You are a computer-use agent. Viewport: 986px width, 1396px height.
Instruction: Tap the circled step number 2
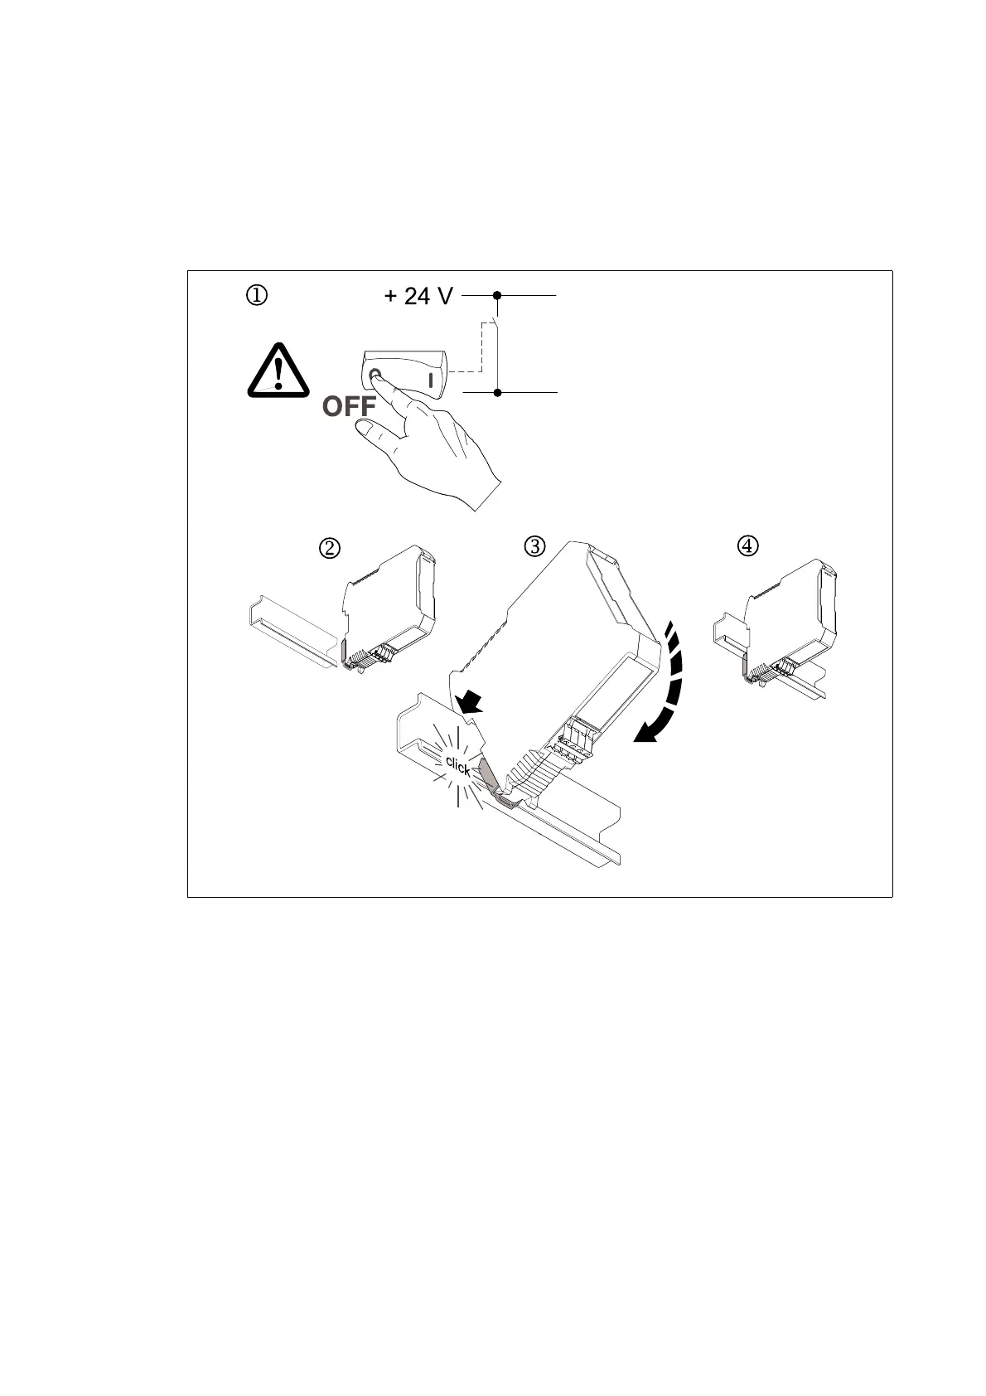tap(330, 548)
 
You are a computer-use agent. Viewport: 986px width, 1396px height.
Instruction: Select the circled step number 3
tap(535, 546)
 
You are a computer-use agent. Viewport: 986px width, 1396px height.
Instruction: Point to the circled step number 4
tap(747, 545)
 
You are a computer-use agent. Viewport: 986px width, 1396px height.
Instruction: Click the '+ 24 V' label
tap(418, 296)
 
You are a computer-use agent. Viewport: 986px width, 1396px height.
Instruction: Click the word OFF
tap(349, 407)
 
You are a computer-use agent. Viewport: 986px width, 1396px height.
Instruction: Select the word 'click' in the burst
tap(457, 765)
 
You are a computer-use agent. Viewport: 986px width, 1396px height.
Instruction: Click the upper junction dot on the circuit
tap(497, 294)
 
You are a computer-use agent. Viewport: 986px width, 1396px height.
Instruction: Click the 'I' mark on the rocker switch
tap(430, 381)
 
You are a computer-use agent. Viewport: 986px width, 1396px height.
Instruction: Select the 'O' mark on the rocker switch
tap(375, 376)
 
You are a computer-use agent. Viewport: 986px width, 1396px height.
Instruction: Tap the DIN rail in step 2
tap(290, 630)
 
